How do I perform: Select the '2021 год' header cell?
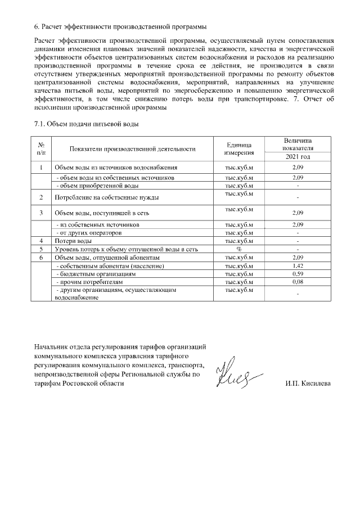(299, 157)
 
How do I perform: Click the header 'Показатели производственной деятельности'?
(132, 149)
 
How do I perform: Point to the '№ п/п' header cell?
(41, 149)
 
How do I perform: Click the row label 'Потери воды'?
(69, 241)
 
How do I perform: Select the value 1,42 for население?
(298, 265)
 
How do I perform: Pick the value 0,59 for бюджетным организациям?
(298, 273)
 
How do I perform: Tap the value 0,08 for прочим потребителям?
(298, 281)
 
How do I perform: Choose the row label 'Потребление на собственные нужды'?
(106, 198)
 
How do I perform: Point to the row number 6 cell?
(41, 257)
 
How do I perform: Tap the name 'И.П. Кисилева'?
(308, 384)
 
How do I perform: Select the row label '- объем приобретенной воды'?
(96, 186)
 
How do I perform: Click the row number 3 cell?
(41, 214)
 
